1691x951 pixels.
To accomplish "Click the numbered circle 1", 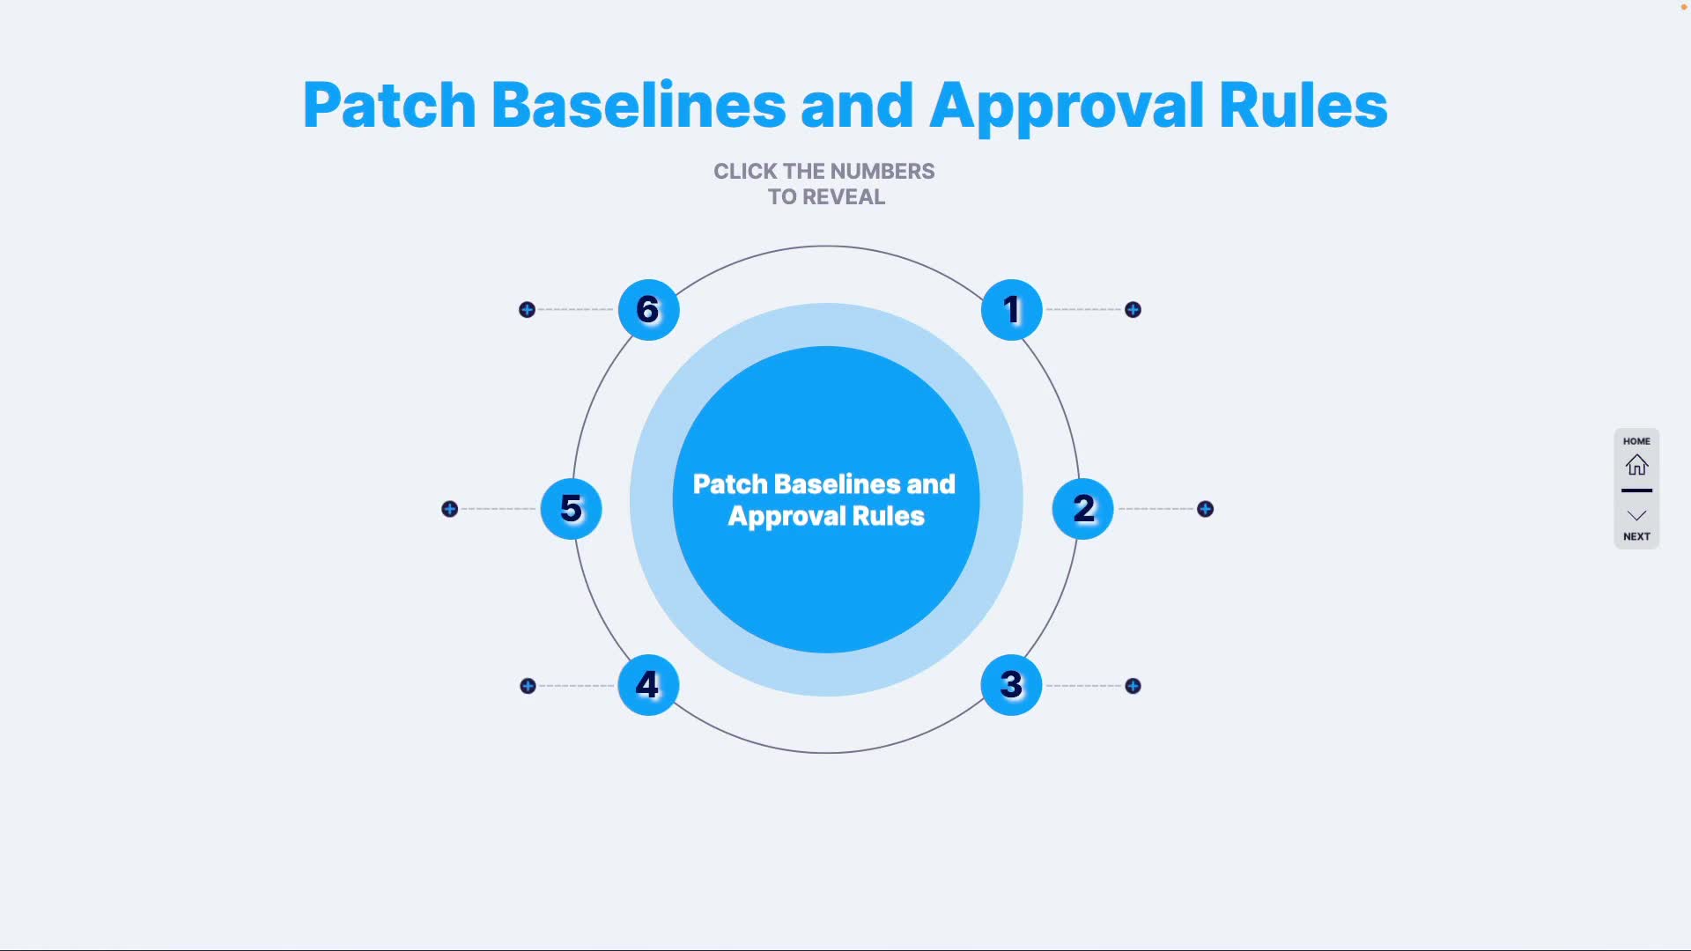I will point(1011,310).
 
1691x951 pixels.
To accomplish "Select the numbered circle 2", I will point(1082,509).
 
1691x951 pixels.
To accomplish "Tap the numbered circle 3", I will point(1011,685).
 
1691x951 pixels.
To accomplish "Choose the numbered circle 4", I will point(648,685).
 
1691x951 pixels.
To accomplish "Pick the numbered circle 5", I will point(571,509).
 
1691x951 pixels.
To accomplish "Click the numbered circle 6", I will point(648,310).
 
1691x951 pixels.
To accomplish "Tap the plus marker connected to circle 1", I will point(1133,310).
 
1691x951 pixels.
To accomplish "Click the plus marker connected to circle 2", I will point(1205,509).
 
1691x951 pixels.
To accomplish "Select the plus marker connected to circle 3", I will point(1133,686).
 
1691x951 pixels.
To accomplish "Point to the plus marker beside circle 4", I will point(528,686).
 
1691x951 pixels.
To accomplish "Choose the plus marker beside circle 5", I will point(449,509).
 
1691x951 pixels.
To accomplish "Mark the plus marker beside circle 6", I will point(527,310).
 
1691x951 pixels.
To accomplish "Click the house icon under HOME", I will point(1636,464).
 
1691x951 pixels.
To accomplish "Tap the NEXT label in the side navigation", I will point(1636,536).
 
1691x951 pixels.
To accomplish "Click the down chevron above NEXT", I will point(1636,515).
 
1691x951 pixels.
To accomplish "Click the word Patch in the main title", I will point(389,106).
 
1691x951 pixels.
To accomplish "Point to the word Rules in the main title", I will point(1303,106).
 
